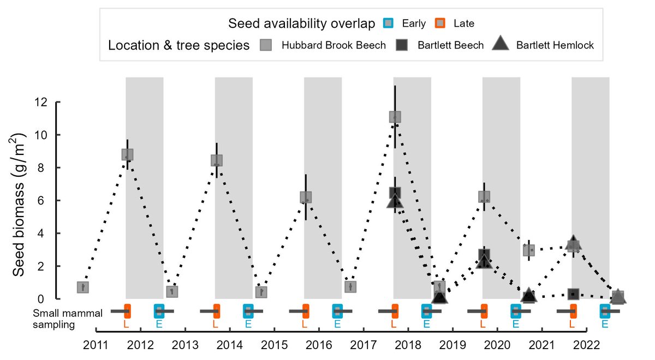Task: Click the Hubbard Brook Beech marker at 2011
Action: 83,287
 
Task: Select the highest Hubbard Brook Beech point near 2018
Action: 395,117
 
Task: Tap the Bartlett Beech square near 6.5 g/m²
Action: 395,193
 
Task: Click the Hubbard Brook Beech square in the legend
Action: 265,45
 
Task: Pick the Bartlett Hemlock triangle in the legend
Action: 501,43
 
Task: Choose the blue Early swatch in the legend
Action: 388,23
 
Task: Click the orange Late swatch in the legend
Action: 440,23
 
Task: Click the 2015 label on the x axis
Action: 274,345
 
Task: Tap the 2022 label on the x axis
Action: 586,345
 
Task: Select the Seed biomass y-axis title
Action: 18,205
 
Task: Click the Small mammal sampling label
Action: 68,319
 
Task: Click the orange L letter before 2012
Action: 126,324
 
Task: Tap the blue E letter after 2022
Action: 605,324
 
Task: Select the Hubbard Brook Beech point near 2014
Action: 217,160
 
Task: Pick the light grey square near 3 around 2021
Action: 529,250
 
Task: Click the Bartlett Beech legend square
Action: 402,45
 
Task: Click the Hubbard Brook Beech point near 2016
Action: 306,197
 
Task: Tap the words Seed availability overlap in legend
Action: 301,23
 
